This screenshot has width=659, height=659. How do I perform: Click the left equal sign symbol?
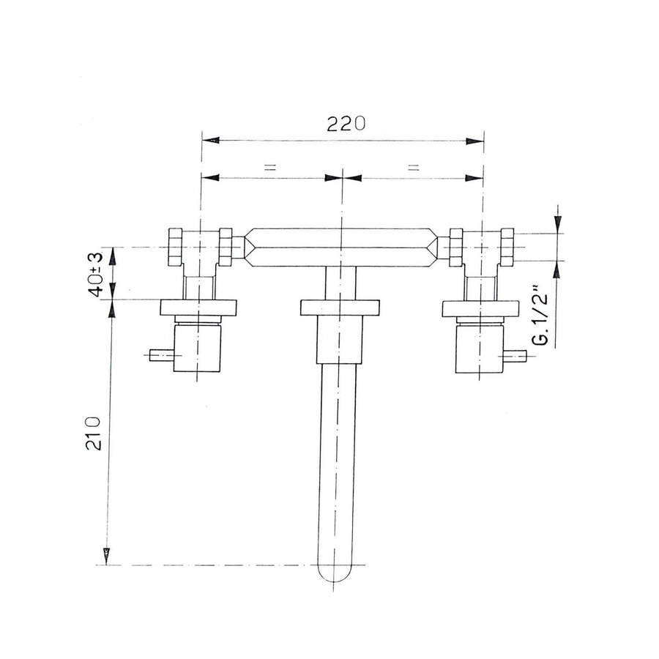click(x=269, y=168)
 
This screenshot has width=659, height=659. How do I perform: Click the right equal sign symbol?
click(x=414, y=168)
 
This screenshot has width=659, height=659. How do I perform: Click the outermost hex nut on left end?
click(x=176, y=247)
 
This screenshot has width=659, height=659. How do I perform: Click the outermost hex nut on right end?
click(x=507, y=247)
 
